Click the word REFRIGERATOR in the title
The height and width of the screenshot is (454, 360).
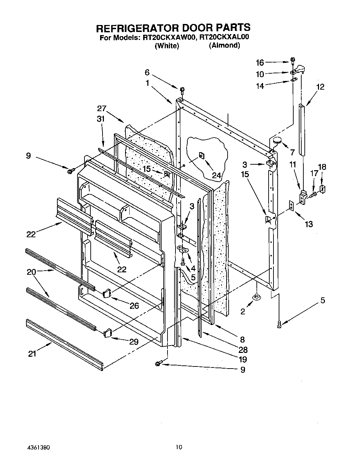tap(134, 28)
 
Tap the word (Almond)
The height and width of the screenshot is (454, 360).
tap(224, 46)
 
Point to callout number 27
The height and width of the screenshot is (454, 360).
tap(102, 108)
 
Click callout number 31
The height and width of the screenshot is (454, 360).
tap(100, 118)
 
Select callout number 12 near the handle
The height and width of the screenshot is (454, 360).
tap(320, 86)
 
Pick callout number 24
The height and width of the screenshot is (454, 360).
tap(216, 176)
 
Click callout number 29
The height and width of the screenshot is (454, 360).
tap(134, 342)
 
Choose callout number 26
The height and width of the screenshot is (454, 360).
tap(134, 306)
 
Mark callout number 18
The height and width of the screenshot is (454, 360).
tap(322, 167)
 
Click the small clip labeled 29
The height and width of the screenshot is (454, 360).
tap(107, 333)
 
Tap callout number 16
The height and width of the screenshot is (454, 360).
tap(260, 63)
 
